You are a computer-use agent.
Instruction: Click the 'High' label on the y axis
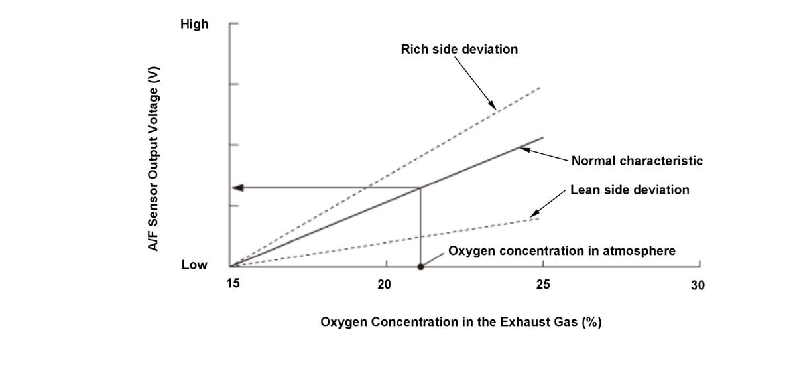[194, 25]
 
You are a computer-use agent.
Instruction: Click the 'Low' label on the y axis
[194, 265]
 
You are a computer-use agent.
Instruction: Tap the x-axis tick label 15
[232, 284]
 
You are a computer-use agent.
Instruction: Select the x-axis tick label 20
[385, 284]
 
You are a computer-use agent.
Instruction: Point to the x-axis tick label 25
[542, 284]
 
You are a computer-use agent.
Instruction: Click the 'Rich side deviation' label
[459, 49]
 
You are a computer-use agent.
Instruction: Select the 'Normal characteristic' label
[637, 161]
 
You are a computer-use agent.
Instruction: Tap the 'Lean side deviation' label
[630, 190]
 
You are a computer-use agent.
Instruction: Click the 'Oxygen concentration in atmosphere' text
[562, 251]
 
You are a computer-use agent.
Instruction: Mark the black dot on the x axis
[420, 267]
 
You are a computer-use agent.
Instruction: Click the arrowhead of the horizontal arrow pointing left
[239, 188]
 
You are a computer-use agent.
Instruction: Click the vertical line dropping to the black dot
[420, 229]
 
